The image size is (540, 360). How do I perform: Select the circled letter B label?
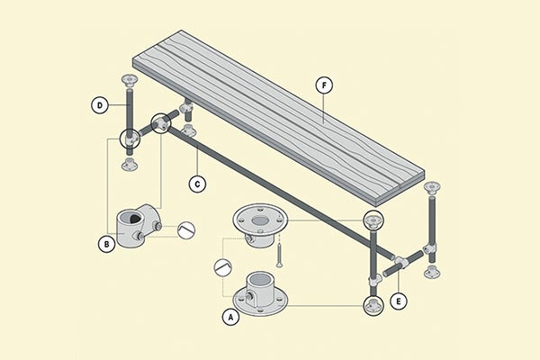105,241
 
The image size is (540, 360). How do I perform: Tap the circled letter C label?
198,184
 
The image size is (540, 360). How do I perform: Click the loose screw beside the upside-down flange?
280,253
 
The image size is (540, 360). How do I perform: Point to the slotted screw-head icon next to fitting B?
186,230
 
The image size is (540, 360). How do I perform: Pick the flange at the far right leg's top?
433,190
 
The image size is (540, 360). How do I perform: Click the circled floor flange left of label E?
373,306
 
